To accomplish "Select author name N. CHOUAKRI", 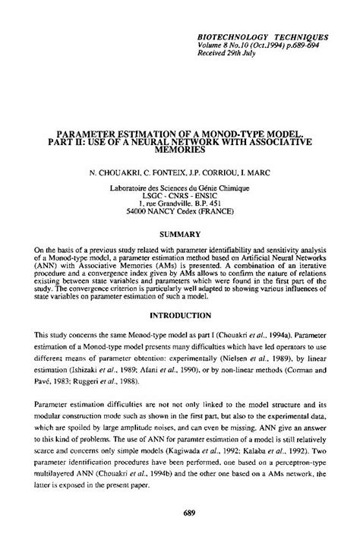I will point(114,172).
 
